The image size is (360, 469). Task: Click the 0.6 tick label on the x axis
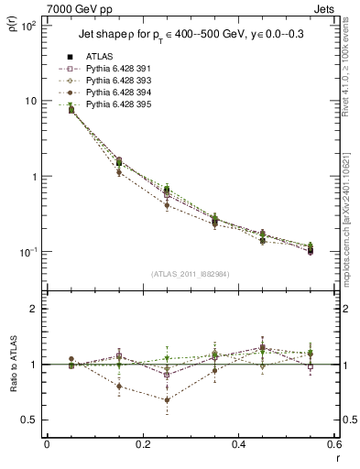tap(332, 444)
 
